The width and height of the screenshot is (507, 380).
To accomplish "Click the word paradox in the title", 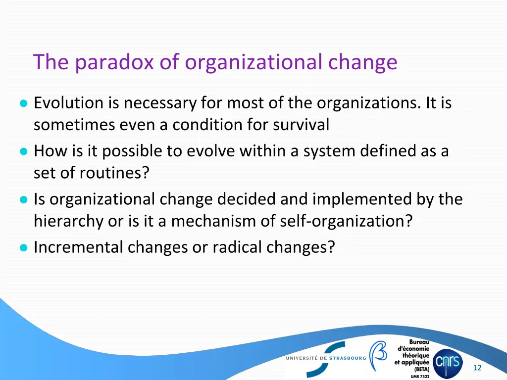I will [x=114, y=62].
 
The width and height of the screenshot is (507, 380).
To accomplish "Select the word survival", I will [x=301, y=125].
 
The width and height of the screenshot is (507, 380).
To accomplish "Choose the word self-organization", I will [x=346, y=221].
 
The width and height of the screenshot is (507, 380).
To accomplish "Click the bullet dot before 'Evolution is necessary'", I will [x=23, y=104].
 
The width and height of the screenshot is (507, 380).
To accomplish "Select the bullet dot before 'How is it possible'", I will [x=23, y=152].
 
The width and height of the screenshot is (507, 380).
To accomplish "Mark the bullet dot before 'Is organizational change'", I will [x=23, y=200].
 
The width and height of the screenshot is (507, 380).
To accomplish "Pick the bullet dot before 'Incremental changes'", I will [x=23, y=248].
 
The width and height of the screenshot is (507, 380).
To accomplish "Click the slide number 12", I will [x=477, y=368].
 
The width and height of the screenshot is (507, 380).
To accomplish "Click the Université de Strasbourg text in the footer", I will [x=326, y=358].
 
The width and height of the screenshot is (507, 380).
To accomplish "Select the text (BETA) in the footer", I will [x=421, y=369].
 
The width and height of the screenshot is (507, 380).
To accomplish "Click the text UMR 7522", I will [x=420, y=376].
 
